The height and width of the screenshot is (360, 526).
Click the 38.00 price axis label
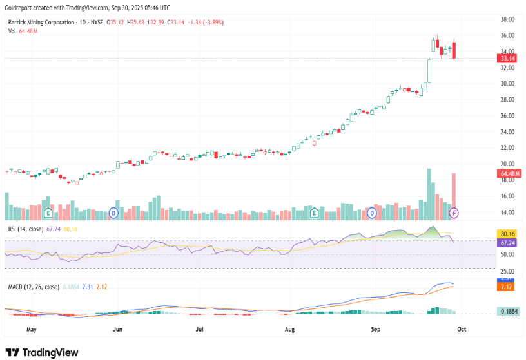[x=508, y=19]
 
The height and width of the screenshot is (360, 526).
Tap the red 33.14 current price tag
[x=508, y=58]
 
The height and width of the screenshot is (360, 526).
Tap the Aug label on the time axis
[x=289, y=328]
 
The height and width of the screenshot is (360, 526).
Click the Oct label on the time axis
[x=462, y=328]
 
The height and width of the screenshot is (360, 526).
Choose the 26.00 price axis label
[x=508, y=116]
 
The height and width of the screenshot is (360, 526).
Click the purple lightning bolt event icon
[x=454, y=213]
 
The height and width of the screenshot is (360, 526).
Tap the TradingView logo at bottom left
[x=42, y=352]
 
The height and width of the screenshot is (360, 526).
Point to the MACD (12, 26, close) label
[x=34, y=287]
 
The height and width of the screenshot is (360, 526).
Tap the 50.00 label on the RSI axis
[x=508, y=255]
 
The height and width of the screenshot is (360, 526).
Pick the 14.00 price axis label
[x=508, y=213]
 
